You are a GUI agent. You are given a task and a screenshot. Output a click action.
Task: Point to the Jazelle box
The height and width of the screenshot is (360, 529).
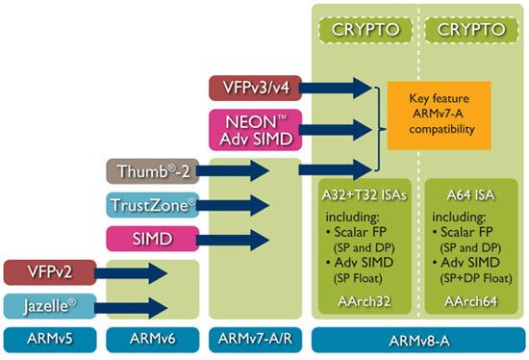(x=48, y=306)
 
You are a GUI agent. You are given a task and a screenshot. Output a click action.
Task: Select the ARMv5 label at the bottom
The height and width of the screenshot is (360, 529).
(x=48, y=340)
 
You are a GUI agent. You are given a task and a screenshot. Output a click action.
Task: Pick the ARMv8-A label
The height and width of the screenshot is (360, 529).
(x=416, y=340)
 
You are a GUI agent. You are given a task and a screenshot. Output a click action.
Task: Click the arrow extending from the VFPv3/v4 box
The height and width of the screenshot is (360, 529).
(x=342, y=88)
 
